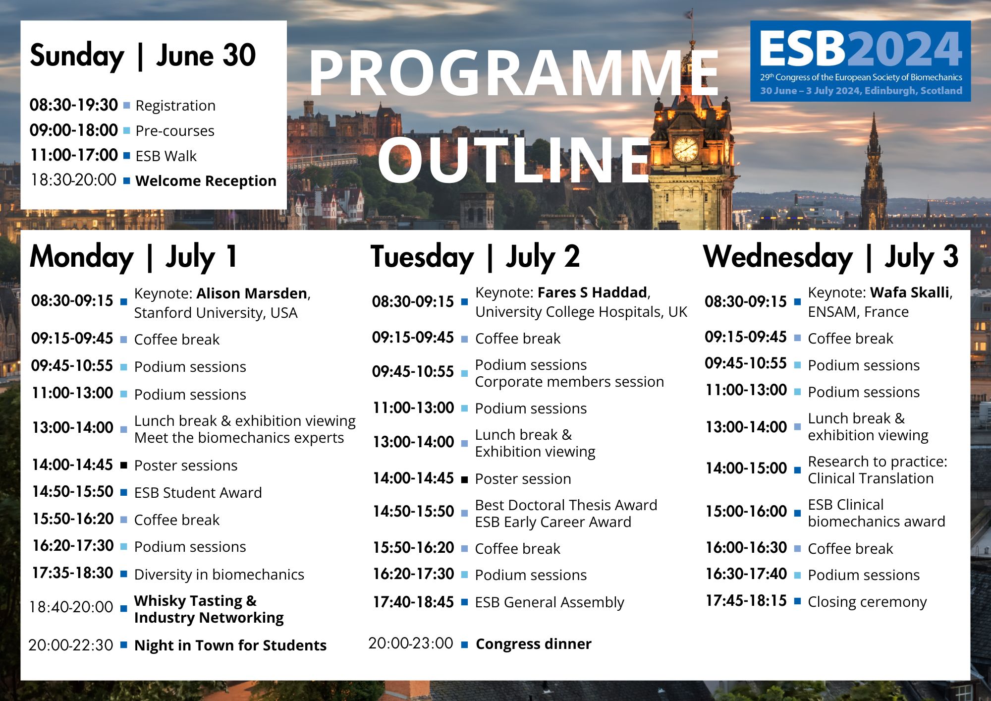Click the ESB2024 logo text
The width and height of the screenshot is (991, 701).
(x=861, y=49)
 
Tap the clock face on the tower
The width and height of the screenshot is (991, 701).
(x=686, y=149)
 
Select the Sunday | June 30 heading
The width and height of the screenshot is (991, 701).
(x=143, y=56)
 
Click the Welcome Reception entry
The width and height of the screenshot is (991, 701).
(x=206, y=181)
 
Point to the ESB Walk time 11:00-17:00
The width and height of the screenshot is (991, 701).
(x=74, y=155)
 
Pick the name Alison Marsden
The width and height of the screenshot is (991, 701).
(x=252, y=293)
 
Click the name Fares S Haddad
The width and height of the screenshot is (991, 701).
(x=593, y=292)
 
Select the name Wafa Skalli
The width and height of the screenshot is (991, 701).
(x=910, y=292)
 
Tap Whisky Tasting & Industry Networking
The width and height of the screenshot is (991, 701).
(x=209, y=609)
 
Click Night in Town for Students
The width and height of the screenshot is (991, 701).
(x=230, y=645)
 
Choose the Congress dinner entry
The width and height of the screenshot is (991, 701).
(x=534, y=644)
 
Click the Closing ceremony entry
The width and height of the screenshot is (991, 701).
(x=867, y=602)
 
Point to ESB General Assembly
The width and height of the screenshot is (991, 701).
(x=550, y=602)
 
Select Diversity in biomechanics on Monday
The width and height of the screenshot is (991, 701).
(x=219, y=575)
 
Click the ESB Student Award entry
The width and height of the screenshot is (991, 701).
(x=198, y=493)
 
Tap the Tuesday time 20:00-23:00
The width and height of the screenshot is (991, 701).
(x=411, y=643)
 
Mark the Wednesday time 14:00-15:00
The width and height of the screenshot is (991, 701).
(x=746, y=468)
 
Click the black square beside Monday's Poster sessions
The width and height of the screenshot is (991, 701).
(x=124, y=465)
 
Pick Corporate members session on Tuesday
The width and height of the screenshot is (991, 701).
(x=569, y=382)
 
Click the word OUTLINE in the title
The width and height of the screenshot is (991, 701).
(x=514, y=160)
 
